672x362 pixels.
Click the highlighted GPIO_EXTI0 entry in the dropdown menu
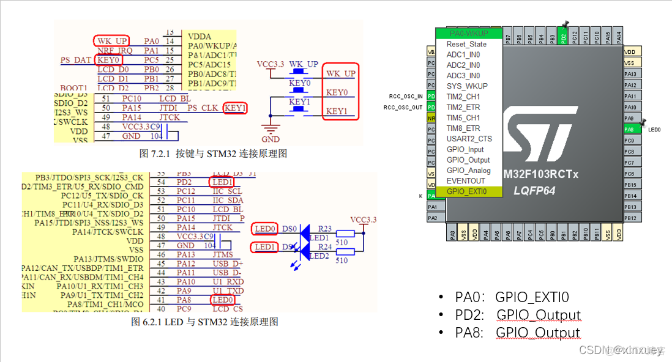coord(468,191)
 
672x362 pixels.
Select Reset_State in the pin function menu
coord(467,44)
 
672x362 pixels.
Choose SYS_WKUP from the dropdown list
coord(467,86)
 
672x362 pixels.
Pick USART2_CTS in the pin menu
coord(469,139)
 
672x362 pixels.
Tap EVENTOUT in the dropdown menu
coord(466,181)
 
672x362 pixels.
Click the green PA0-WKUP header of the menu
coord(468,33)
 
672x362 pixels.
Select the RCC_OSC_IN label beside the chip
coord(406,96)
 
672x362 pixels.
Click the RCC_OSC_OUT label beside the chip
coord(404,107)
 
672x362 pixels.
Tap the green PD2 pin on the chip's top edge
coord(563,38)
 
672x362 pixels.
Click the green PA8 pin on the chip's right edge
coord(630,130)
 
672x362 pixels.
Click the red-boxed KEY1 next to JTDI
coord(235,108)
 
